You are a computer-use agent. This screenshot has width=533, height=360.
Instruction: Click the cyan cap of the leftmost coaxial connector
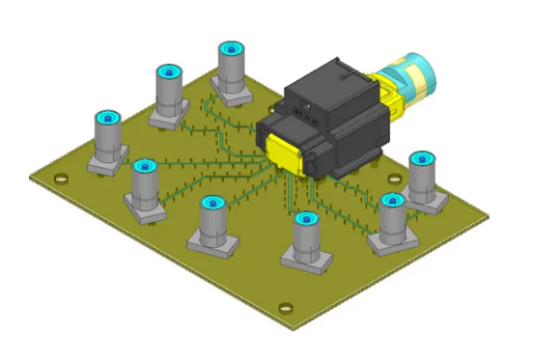(107, 118)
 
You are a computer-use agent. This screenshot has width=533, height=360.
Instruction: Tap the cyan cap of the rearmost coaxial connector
(231, 48)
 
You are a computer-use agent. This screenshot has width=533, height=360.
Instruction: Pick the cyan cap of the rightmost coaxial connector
(422, 157)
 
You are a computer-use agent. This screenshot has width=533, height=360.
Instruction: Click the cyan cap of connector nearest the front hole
(305, 219)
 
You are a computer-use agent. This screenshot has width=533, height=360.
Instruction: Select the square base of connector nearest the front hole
(307, 260)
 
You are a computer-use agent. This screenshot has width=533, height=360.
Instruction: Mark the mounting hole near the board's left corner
(61, 179)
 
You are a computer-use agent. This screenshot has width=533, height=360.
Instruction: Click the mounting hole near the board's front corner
(284, 309)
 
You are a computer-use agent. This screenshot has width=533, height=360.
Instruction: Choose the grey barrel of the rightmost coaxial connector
(423, 179)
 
